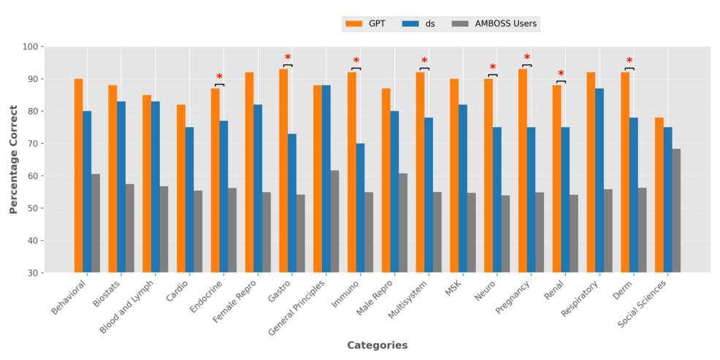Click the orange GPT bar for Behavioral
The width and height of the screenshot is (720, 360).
tap(78, 175)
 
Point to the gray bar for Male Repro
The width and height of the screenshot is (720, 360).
tap(402, 223)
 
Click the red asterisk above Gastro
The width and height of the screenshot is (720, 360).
tap(288, 58)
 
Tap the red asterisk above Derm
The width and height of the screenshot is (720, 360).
tap(629, 61)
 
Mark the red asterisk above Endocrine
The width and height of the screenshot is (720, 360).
tap(219, 77)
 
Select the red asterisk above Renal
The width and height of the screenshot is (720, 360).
tap(561, 74)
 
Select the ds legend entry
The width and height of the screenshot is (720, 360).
tap(419, 23)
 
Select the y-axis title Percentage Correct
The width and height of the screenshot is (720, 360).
tap(13, 159)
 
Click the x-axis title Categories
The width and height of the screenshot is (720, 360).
tap(377, 345)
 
